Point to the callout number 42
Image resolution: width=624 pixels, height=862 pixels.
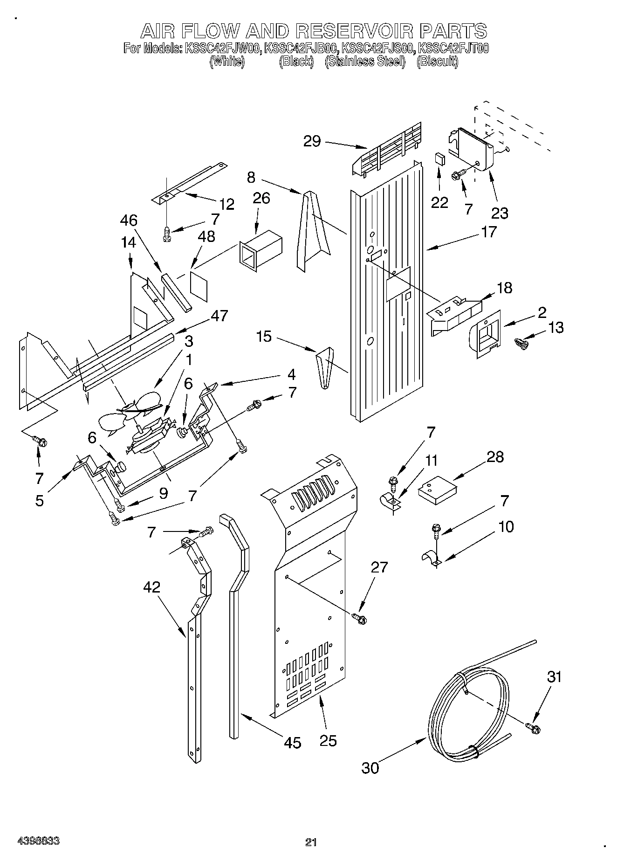[152, 587]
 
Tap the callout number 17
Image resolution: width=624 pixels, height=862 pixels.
[489, 231]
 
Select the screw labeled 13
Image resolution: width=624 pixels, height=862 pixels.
[521, 344]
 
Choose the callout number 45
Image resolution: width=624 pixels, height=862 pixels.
[293, 742]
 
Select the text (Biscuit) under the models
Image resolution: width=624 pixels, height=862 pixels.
[437, 62]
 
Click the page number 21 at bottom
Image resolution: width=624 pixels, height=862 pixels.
[311, 841]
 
